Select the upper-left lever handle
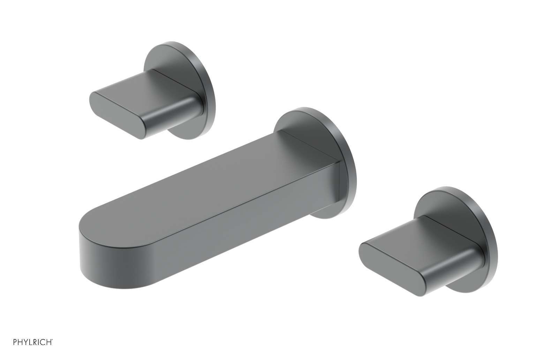[x=146, y=105]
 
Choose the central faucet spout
[x=209, y=209]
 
